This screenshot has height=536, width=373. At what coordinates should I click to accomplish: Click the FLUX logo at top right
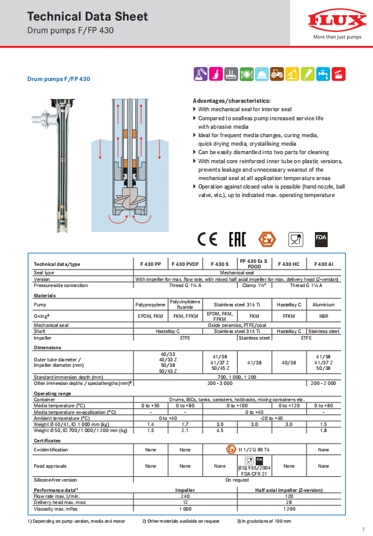337,22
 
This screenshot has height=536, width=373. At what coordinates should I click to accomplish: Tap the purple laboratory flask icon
199,74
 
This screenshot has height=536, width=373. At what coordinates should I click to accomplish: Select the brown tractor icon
277,74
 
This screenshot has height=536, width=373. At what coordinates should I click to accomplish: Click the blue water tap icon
323,74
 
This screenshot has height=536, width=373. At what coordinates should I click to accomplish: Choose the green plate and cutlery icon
246,74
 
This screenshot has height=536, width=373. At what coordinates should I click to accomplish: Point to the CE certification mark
207,239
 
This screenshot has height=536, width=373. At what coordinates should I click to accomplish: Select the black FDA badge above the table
321,239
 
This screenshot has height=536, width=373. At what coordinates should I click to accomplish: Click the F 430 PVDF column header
185,264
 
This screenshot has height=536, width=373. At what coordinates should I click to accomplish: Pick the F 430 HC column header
288,264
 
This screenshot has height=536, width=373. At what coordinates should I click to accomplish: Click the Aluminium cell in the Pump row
323,305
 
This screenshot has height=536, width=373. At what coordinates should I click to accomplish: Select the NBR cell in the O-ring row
323,315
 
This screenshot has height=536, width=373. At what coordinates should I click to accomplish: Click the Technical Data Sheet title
87,16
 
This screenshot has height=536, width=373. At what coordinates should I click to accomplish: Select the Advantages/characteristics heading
232,100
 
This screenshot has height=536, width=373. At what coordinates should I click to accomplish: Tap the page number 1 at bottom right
363,528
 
